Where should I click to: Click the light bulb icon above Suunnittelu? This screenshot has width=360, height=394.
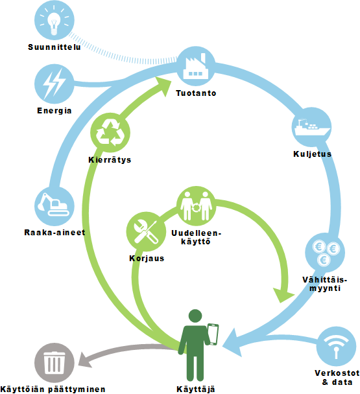point(54,20)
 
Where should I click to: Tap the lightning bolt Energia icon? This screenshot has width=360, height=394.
point(54,84)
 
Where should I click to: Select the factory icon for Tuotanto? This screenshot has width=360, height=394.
point(196,66)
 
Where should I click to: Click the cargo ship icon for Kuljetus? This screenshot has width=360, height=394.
point(311,127)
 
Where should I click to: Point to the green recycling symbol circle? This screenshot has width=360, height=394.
point(110,132)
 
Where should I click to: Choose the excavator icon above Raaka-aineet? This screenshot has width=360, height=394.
point(54,206)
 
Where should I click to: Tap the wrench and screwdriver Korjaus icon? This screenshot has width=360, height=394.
point(146,231)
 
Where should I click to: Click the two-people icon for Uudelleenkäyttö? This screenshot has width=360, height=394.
point(196,206)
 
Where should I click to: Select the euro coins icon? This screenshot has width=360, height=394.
point(325,253)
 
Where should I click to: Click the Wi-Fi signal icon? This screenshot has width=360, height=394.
point(336,346)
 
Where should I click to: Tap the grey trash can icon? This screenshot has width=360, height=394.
point(54,363)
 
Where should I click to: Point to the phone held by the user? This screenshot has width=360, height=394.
point(213,334)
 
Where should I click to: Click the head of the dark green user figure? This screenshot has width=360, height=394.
point(195,316)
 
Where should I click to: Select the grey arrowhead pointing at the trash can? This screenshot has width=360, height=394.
point(84,360)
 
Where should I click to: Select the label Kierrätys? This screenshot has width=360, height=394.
point(110,160)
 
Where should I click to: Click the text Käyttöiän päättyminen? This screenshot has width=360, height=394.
point(53,389)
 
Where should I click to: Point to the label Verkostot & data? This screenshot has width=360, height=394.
point(337,377)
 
